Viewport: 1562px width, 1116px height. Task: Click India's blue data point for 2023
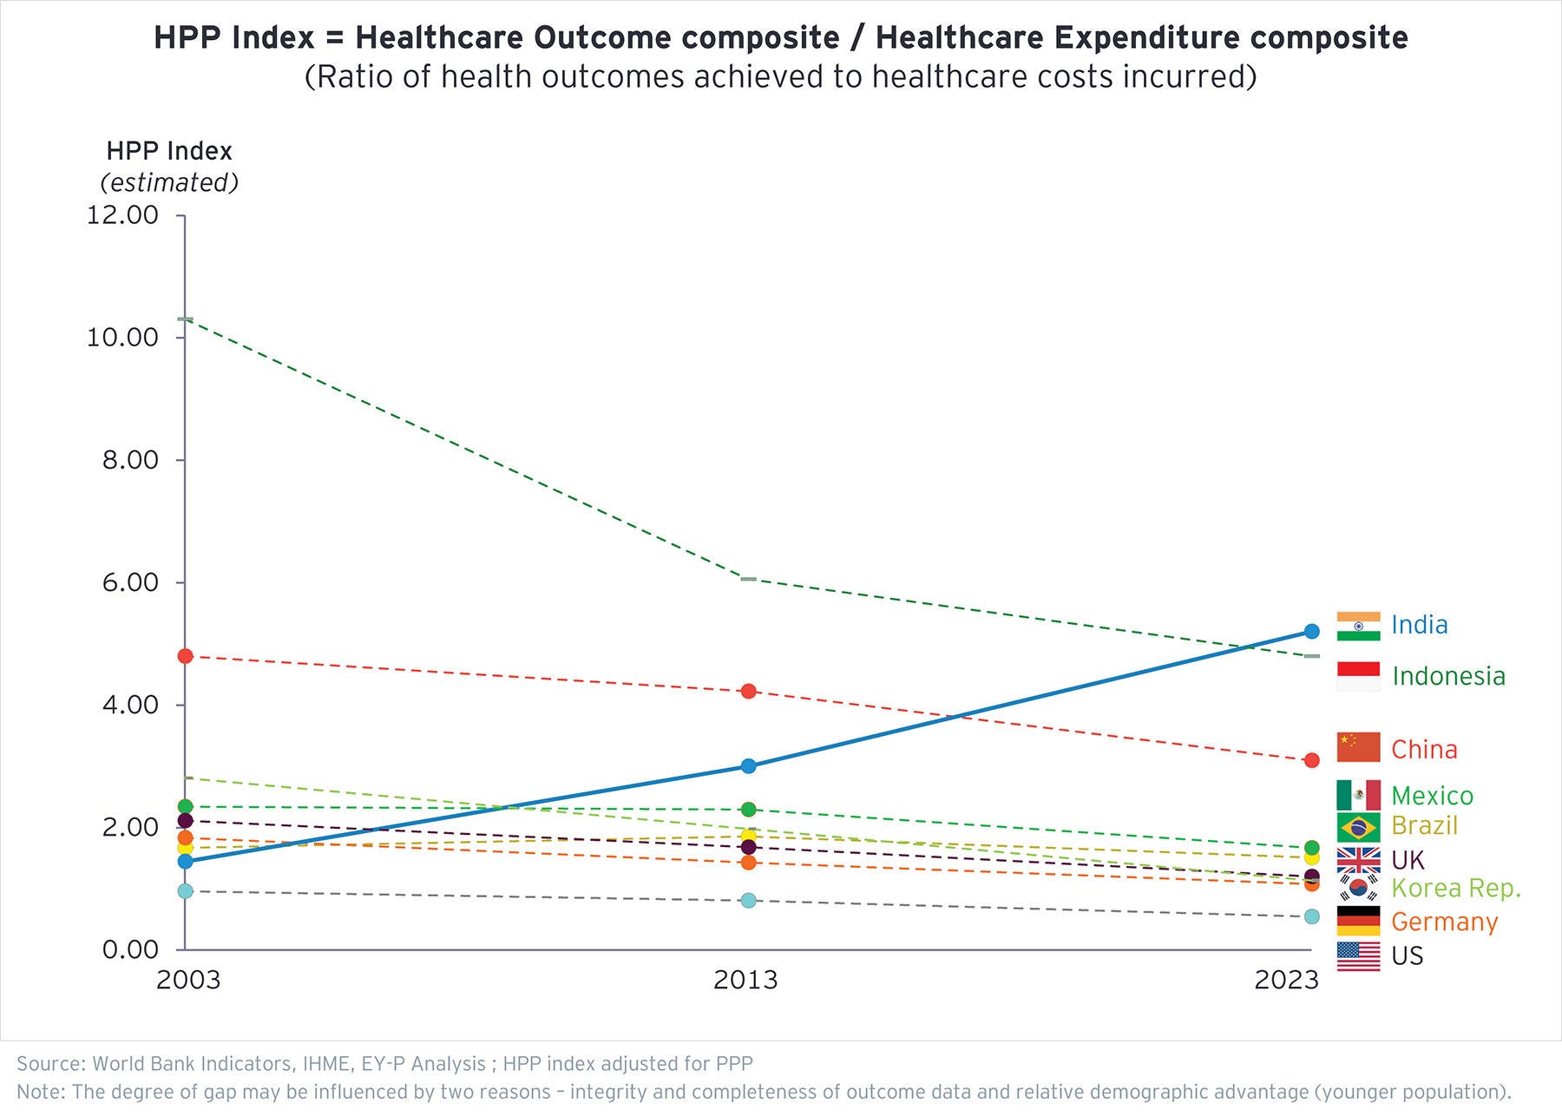coord(1311,631)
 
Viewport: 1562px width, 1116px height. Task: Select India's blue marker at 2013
coord(748,766)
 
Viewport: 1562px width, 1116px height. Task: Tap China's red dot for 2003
coord(185,656)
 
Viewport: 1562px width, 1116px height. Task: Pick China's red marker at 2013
coord(748,692)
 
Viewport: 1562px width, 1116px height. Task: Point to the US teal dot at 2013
coord(748,901)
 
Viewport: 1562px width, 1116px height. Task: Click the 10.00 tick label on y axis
coord(122,338)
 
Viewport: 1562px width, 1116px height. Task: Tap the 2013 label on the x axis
coord(745,981)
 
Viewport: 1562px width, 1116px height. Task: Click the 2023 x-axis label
coord(1286,981)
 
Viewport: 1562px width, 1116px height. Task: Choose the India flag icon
coord(1358,626)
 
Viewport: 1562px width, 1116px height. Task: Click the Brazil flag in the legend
coord(1358,826)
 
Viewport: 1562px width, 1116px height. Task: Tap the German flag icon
coord(1358,921)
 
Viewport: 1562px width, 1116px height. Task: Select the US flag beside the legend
coord(1358,956)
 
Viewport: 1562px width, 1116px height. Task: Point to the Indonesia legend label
coord(1448,676)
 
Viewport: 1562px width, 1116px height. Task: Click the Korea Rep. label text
coord(1456,889)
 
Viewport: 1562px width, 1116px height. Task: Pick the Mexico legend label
coord(1432,796)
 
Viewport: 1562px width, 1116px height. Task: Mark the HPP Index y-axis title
coord(169,151)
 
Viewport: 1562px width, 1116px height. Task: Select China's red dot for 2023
coord(1311,760)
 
